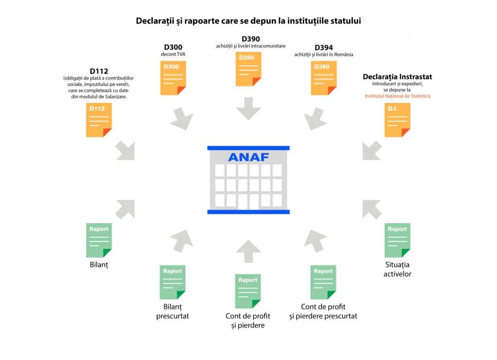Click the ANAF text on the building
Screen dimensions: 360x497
click(x=248, y=157)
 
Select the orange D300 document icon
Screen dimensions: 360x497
click(x=173, y=78)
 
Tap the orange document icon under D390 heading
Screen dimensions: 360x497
click(x=248, y=69)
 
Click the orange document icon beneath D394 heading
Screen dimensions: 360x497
click(x=323, y=78)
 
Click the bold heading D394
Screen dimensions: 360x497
click(x=324, y=48)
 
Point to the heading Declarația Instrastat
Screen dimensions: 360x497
click(x=398, y=77)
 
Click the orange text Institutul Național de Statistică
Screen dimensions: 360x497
click(x=398, y=96)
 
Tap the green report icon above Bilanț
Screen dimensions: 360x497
click(x=99, y=240)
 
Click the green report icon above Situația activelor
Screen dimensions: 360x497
click(x=397, y=240)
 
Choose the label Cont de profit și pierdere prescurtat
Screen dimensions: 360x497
click(x=323, y=311)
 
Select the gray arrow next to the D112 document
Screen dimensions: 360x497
click(x=125, y=151)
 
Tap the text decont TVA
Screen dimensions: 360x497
click(x=173, y=54)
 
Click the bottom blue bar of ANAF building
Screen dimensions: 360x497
click(x=248, y=212)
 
